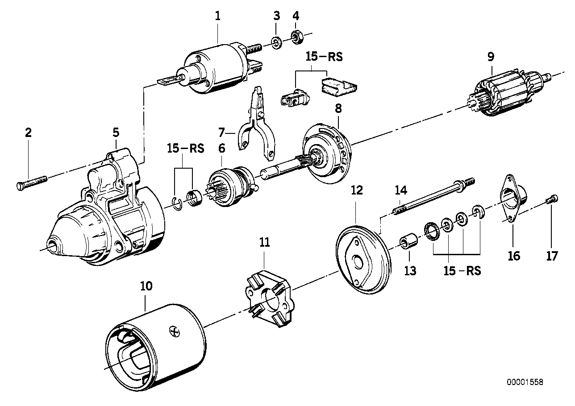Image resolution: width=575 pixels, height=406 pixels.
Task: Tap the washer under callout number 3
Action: tap(276, 42)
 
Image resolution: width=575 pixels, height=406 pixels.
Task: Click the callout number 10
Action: tap(146, 286)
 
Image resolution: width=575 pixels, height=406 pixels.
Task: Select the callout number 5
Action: tap(116, 132)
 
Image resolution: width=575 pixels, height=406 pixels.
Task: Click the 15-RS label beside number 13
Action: tap(462, 271)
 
